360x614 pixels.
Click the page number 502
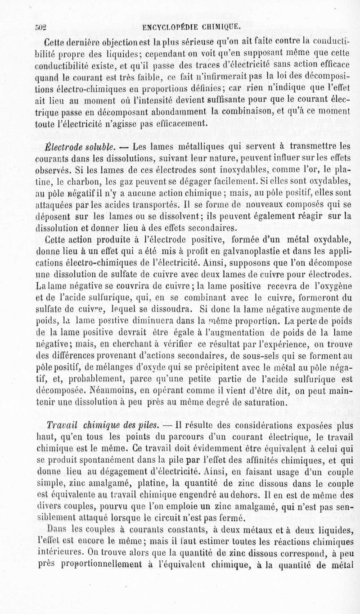[x=42, y=26]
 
